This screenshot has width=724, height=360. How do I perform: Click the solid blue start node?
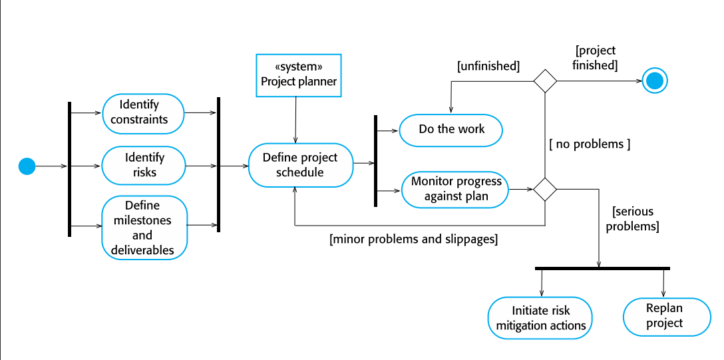pyautogui.click(x=26, y=166)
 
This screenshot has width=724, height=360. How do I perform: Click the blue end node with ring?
pyautogui.click(x=655, y=81)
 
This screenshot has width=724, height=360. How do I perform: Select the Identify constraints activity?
pyautogui.click(x=142, y=112)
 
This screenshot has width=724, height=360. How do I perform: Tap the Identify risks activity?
pyautogui.click(x=144, y=165)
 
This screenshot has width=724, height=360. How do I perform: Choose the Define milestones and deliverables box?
pyautogui.click(x=144, y=228)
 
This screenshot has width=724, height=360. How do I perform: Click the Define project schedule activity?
pyautogui.click(x=300, y=165)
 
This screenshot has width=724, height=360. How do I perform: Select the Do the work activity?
pyautogui.click(x=451, y=130)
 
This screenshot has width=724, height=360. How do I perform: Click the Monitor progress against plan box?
pyautogui.click(x=455, y=189)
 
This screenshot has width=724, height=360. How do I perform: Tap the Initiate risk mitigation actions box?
pyautogui.click(x=540, y=318)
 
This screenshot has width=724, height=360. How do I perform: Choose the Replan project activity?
pyautogui.click(x=664, y=315)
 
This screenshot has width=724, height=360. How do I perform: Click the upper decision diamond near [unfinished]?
pyautogui.click(x=545, y=81)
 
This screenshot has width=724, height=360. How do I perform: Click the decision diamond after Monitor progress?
pyautogui.click(x=545, y=189)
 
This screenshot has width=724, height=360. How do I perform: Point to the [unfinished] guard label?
pyautogui.click(x=488, y=66)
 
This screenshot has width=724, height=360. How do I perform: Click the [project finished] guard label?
pyautogui.click(x=596, y=58)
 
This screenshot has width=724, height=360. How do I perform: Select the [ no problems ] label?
pyautogui.click(x=589, y=144)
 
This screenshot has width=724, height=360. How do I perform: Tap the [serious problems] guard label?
pyautogui.click(x=635, y=219)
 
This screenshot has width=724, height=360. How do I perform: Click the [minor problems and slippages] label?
pyautogui.click(x=413, y=239)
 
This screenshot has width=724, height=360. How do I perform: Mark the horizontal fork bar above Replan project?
pyautogui.click(x=602, y=268)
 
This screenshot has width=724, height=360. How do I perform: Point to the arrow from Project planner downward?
pyautogui.click(x=295, y=120)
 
